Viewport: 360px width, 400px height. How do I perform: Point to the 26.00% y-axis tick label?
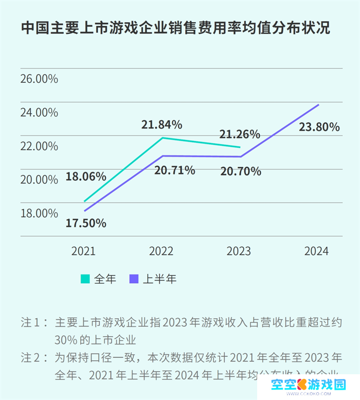click(x=39, y=79)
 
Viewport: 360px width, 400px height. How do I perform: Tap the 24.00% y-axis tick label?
click(x=39, y=113)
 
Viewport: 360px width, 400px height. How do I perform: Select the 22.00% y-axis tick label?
click(x=39, y=146)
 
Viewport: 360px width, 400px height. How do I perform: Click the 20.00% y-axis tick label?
click(x=39, y=180)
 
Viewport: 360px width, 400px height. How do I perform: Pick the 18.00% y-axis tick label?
click(x=39, y=213)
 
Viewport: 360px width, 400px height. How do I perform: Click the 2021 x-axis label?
click(x=83, y=251)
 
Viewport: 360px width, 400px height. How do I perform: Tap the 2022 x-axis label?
click(x=161, y=251)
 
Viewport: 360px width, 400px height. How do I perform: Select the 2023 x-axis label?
click(x=239, y=251)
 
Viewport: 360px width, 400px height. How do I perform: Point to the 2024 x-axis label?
click(x=316, y=251)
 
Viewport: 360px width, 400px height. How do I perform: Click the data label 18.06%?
click(x=86, y=177)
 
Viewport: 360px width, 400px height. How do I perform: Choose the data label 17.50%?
click(x=86, y=223)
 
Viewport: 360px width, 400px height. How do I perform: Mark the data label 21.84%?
click(x=162, y=125)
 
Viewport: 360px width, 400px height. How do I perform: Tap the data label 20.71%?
click(x=175, y=170)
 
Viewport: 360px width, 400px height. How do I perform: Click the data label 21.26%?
click(x=240, y=135)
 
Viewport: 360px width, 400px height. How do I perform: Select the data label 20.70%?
click(x=241, y=171)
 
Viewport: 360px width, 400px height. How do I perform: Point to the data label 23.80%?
click(x=319, y=127)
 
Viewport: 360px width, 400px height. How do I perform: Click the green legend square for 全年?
click(x=85, y=279)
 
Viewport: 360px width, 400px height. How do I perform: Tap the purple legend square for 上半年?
click(x=134, y=279)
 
